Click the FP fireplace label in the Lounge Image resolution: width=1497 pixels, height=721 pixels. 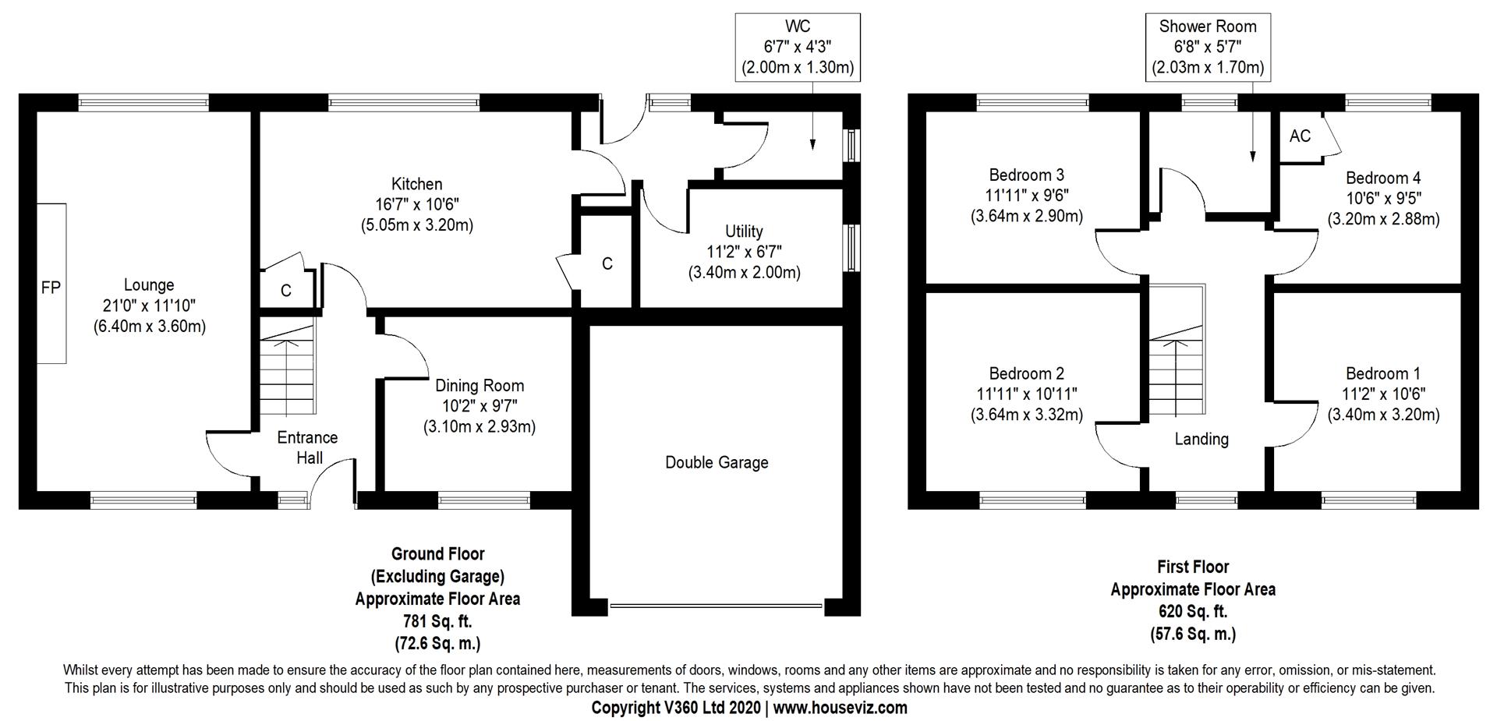tap(51, 288)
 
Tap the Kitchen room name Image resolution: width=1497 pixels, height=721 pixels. tap(416, 184)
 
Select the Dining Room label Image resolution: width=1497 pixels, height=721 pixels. tap(479, 385)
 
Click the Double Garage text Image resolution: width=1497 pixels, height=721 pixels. tap(716, 462)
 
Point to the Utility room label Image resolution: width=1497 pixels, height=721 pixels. tap(744, 231)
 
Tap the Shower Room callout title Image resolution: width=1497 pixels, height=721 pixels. tap(1207, 27)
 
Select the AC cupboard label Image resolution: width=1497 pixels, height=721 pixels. tap(1300, 136)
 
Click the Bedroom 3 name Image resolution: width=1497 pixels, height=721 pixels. tap(1026, 175)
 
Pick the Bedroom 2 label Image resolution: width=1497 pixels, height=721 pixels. tap(1026, 373)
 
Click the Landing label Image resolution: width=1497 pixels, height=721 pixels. tap(1201, 439)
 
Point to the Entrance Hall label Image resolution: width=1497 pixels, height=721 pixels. tap(308, 447)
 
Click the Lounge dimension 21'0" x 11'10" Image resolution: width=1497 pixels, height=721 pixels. tap(149, 306)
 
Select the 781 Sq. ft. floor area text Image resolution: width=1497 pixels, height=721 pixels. tap(437, 621)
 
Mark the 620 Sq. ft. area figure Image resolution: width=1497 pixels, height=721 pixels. tap(1193, 611)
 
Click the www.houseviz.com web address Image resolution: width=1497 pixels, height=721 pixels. tap(841, 708)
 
